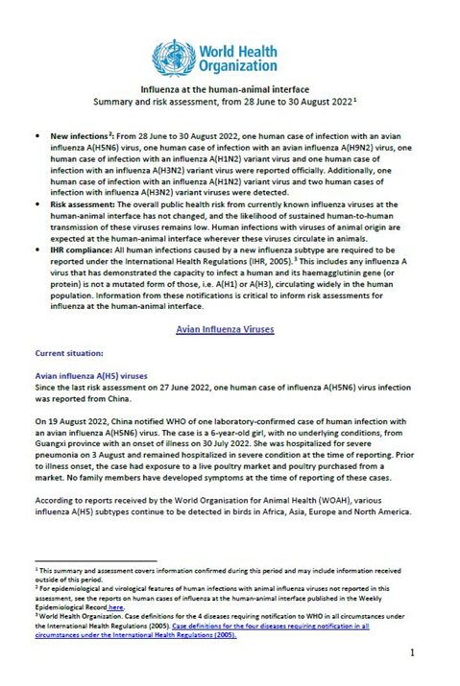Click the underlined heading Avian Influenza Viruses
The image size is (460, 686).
pos(227,329)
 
